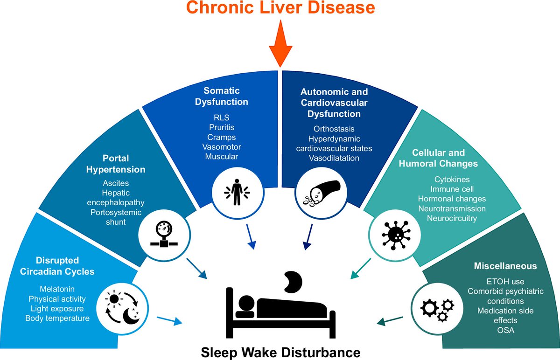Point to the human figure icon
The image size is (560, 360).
pyautogui.click(x=236, y=192)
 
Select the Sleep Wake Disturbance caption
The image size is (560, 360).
pyautogui.click(x=280, y=351)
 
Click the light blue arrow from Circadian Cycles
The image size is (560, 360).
pyautogui.click(x=168, y=320)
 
